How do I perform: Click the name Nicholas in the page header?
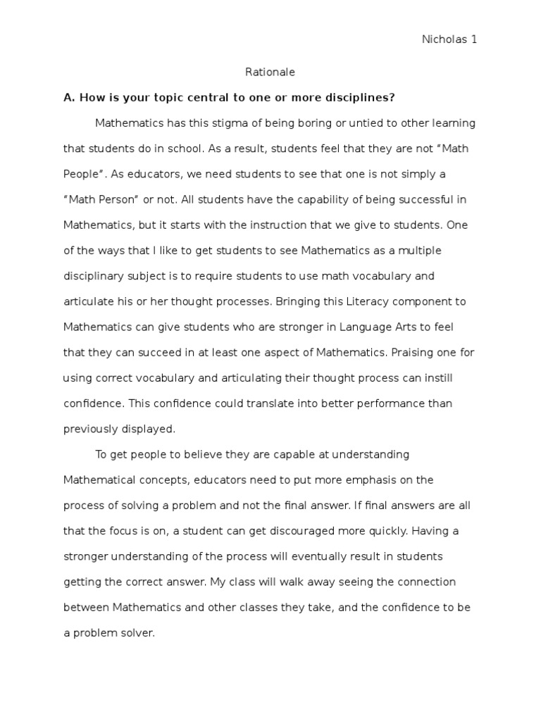(x=444, y=40)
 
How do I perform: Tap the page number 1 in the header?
(x=474, y=40)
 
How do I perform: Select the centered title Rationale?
(x=270, y=72)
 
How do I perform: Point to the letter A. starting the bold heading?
(x=70, y=97)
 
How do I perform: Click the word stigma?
(x=206, y=123)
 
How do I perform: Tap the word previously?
(x=91, y=429)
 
